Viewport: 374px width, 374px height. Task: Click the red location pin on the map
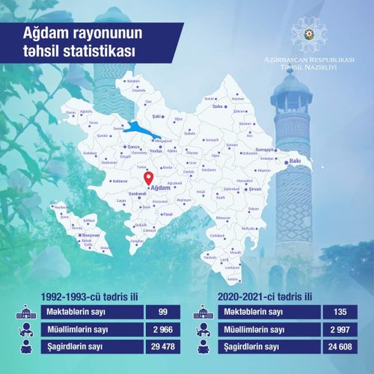[x=148, y=179]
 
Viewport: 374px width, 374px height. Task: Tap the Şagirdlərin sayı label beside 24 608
[x=253, y=347]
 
